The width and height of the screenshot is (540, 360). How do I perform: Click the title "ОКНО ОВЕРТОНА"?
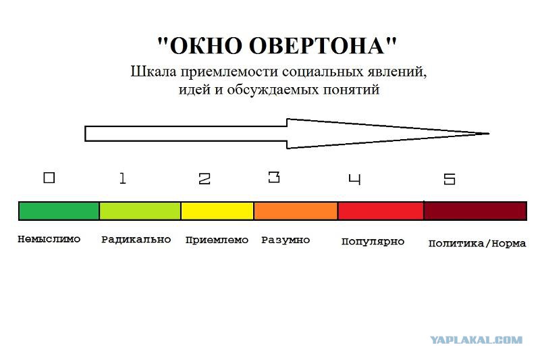pos(277,45)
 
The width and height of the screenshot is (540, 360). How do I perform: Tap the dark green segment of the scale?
pos(59,211)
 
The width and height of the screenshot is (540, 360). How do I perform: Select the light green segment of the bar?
pos(140,211)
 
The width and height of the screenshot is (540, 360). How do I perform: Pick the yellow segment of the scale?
pos(217,211)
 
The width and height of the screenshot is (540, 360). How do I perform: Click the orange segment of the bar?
pos(296,211)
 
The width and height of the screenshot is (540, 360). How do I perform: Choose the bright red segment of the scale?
pos(381,211)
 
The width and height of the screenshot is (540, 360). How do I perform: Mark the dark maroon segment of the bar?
pos(475,211)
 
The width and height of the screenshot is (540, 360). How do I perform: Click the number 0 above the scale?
pos(49,178)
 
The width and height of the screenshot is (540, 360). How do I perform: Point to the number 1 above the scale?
pos(123,178)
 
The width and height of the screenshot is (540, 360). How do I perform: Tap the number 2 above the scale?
pos(205,179)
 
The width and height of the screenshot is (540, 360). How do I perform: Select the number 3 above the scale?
pos(274,177)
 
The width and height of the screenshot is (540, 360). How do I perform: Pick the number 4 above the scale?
pos(355,180)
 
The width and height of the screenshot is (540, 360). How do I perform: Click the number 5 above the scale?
pos(450,179)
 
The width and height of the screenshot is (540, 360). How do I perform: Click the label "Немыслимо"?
pos(49,239)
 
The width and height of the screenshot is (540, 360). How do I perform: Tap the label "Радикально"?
pos(136,239)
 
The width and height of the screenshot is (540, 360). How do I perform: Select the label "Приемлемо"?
pos(217,240)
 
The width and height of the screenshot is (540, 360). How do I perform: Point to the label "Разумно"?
pos(286,240)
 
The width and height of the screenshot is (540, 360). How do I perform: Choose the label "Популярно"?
pos(373,242)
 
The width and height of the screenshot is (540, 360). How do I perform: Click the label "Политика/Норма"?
pos(477,244)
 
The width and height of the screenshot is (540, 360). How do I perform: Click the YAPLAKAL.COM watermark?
pos(477,340)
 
